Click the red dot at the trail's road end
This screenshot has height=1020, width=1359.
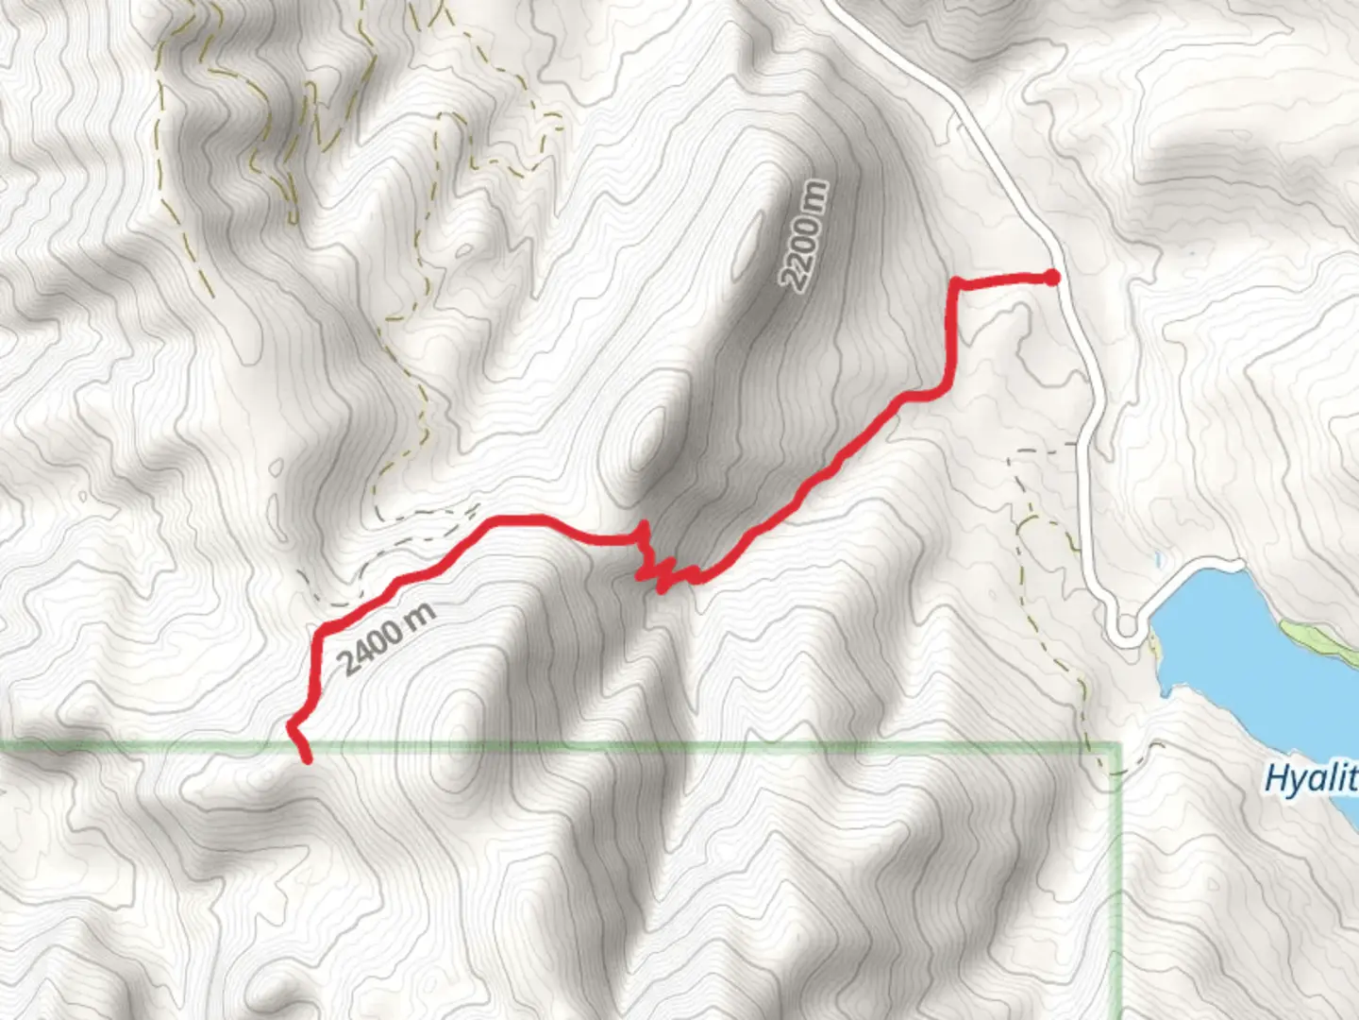tap(1051, 277)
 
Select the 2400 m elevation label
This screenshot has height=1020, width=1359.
tap(388, 638)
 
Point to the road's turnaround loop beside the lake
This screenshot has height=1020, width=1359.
tap(1125, 626)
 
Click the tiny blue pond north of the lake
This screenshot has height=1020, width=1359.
tap(1158, 559)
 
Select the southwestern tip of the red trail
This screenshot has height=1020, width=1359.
tap(306, 758)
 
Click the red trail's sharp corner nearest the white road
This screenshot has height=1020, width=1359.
tap(955, 281)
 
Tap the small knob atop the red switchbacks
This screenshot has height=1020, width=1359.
tap(645, 525)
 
